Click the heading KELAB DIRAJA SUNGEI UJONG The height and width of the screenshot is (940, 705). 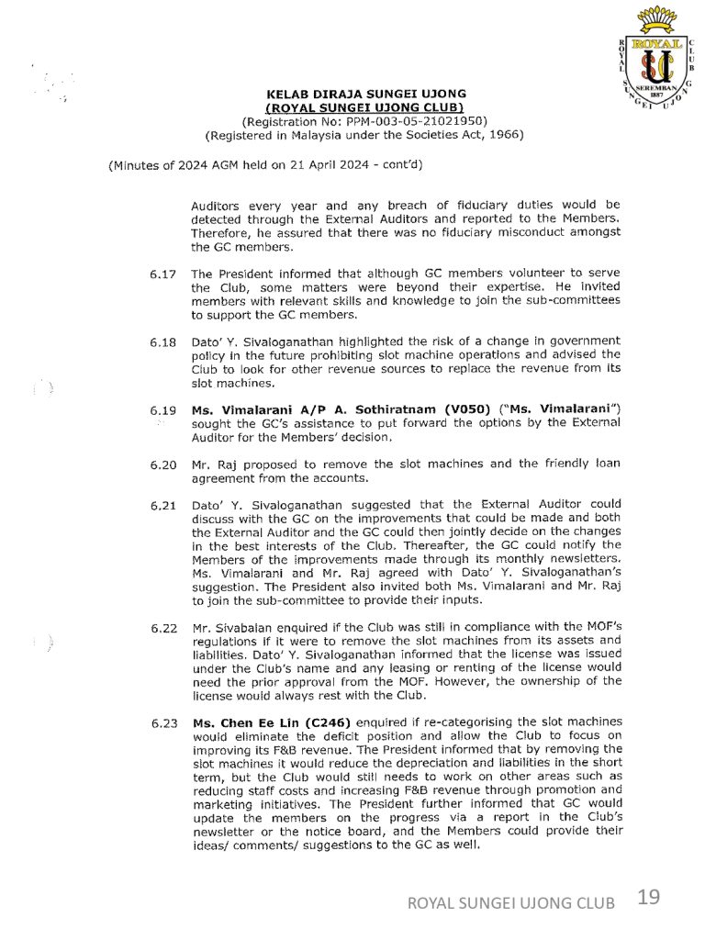pos(365,94)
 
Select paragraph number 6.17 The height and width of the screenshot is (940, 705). pos(162,274)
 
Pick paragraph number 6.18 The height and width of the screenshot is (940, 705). pos(162,342)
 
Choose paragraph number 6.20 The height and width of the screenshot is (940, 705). pos(162,464)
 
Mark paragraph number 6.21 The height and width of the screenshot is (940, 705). pos(162,506)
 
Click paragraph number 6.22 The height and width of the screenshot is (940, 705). pos(162,629)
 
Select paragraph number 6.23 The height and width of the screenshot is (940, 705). pos(162,723)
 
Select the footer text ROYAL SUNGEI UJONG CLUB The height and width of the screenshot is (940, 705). pos(511,903)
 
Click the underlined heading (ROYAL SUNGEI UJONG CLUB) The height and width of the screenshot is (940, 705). pos(365,107)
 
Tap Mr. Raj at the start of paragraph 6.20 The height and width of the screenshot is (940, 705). pos(210,464)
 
